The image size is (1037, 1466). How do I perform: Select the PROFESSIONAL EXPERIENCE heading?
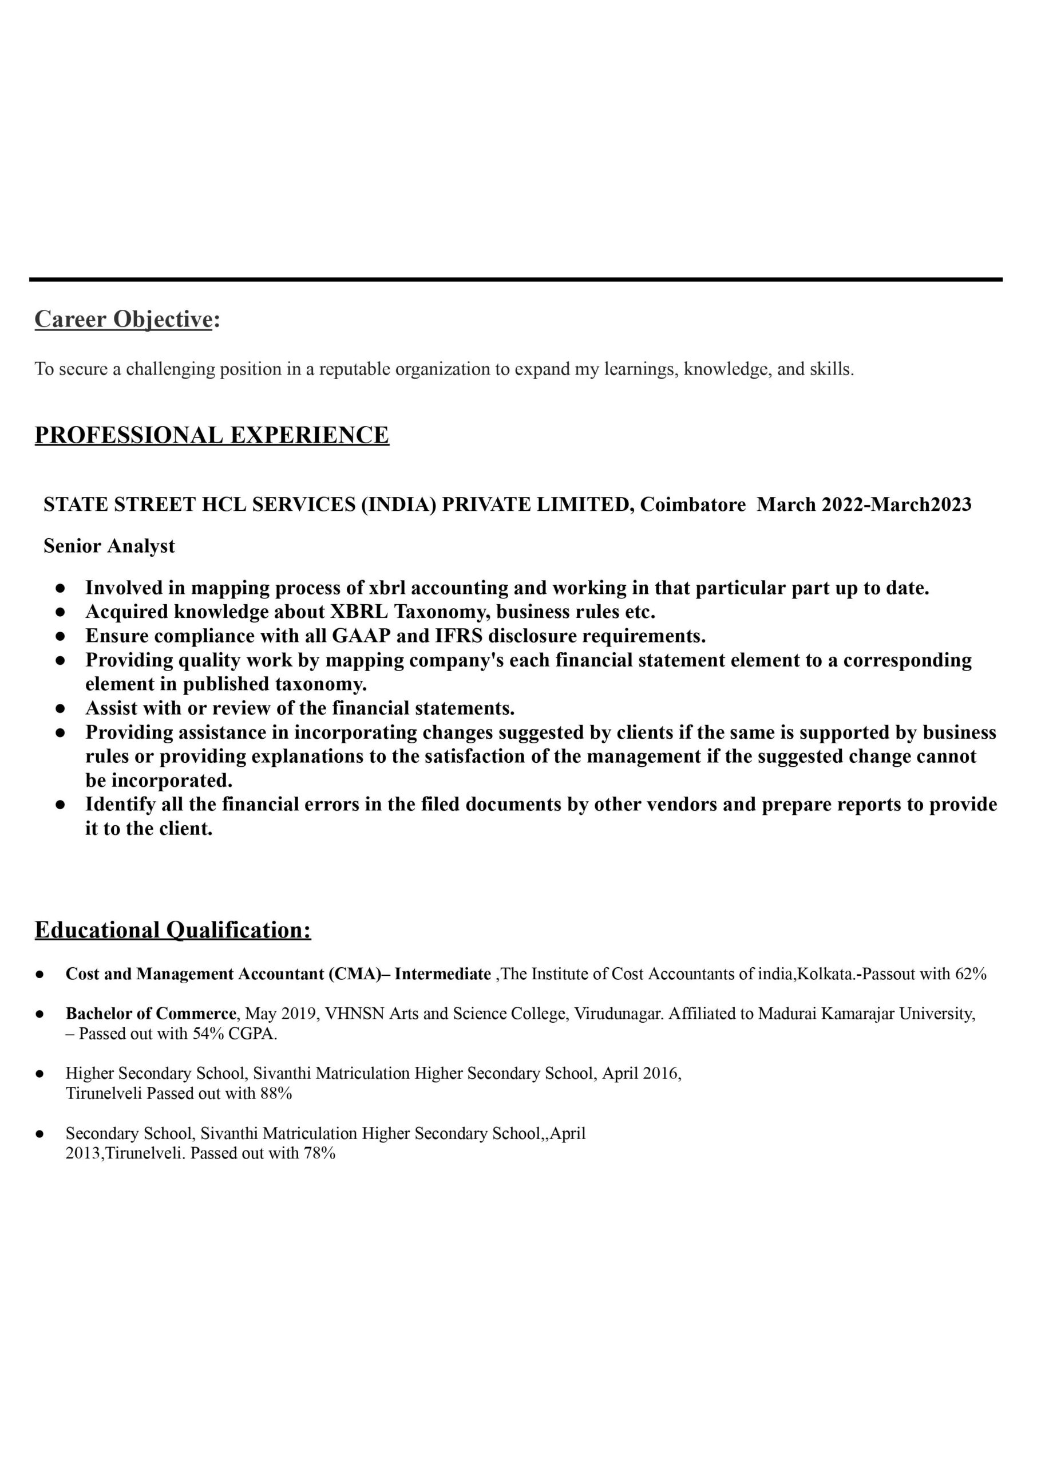[211, 435]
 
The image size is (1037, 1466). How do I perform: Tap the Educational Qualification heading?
[172, 930]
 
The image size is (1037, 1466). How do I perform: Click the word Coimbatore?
[693, 505]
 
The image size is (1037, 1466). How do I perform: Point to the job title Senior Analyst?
[109, 546]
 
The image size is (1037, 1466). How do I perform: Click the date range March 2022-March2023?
[864, 505]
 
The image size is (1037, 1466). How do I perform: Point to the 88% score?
[276, 1094]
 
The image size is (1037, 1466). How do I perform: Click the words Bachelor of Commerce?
[151, 1014]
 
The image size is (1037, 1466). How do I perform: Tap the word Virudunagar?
[618, 1014]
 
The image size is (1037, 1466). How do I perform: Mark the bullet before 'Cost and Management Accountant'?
[39, 975]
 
